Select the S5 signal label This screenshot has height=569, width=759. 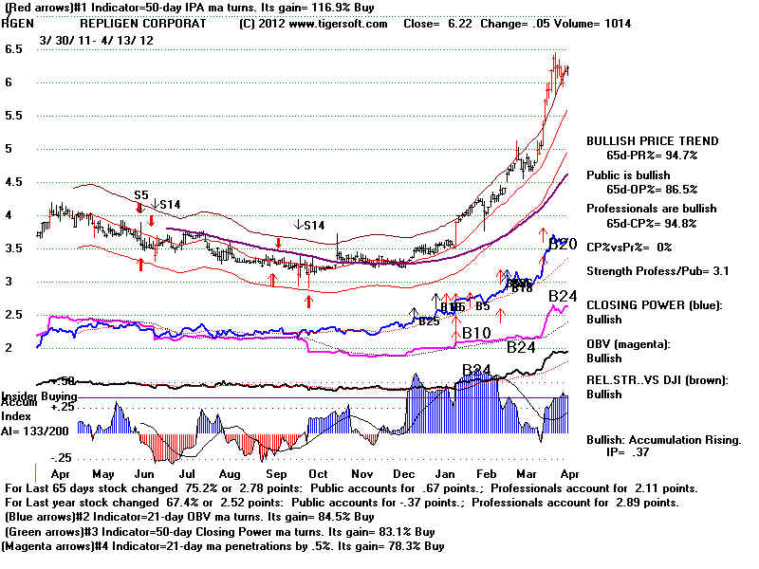(x=140, y=194)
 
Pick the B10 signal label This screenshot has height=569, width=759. (x=475, y=333)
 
